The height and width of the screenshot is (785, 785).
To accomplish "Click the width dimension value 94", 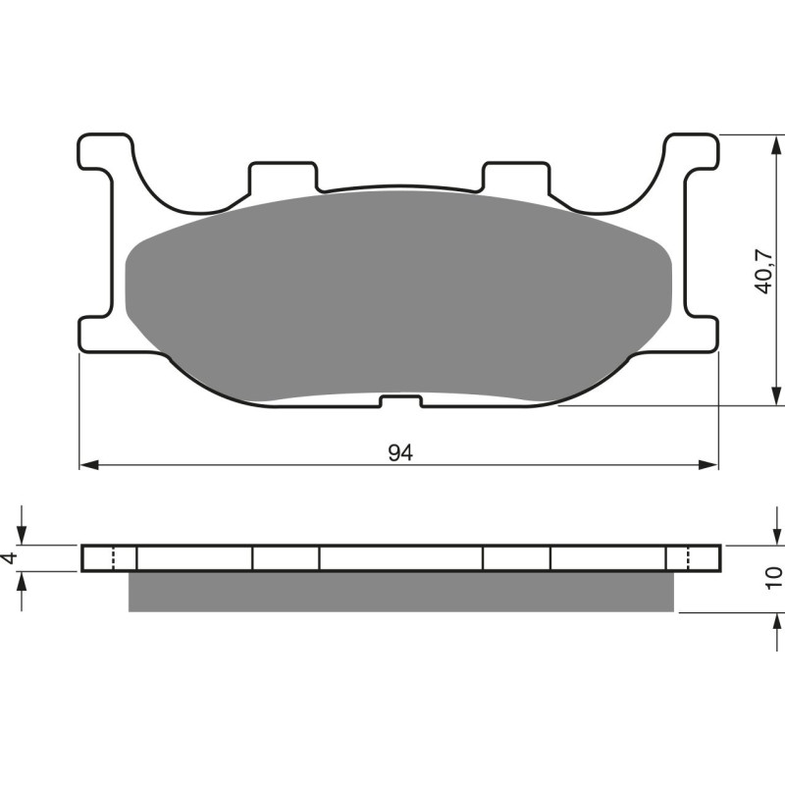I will (398, 452).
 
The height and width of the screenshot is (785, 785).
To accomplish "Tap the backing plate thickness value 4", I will (11, 557).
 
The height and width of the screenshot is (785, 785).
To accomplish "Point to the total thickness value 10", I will (774, 577).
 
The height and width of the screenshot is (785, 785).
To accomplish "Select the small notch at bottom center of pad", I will (400, 400).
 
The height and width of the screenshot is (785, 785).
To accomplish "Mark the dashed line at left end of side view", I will (115, 557).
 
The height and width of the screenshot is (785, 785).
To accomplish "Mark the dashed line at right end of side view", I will (687, 557).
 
